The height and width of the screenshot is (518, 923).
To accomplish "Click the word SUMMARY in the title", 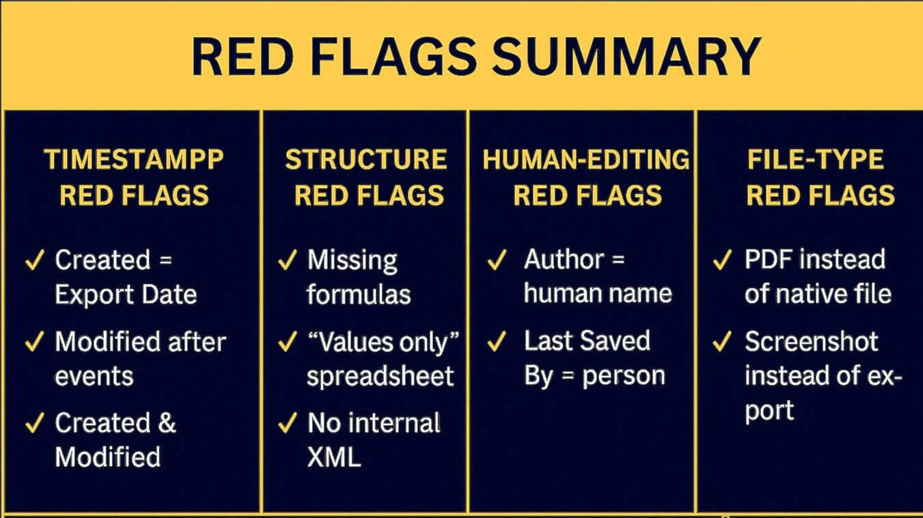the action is pyautogui.click(x=626, y=56).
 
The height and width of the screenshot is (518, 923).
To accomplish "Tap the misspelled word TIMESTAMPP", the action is pyautogui.click(x=134, y=159).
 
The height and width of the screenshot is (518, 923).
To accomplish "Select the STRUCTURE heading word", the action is pyautogui.click(x=366, y=159).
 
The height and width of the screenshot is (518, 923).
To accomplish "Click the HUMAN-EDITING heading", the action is pyautogui.click(x=586, y=159).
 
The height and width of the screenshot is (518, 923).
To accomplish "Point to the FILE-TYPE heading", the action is pyautogui.click(x=816, y=159).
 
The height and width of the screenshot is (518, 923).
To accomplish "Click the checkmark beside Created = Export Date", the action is pyautogui.click(x=35, y=260).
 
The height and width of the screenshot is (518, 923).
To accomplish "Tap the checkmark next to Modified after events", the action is pyautogui.click(x=35, y=341).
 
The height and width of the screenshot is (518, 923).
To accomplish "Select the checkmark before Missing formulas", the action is pyautogui.click(x=288, y=260).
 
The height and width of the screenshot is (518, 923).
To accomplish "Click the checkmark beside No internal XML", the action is pyautogui.click(x=288, y=422).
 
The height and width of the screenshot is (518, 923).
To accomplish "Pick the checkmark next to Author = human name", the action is pyautogui.click(x=497, y=260).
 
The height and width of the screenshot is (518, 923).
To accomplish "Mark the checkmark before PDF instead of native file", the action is pyautogui.click(x=722, y=260).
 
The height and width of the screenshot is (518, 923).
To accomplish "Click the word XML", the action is pyautogui.click(x=334, y=456).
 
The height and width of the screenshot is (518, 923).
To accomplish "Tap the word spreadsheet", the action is pyautogui.click(x=381, y=376).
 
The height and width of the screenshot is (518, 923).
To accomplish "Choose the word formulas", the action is pyautogui.click(x=359, y=295).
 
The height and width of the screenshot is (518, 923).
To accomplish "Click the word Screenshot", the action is pyautogui.click(x=812, y=341).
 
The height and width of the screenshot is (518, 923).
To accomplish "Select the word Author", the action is pyautogui.click(x=564, y=260).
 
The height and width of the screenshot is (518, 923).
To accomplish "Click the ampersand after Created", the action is pyautogui.click(x=167, y=423).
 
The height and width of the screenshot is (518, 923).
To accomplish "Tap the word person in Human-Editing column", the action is pyautogui.click(x=624, y=377).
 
